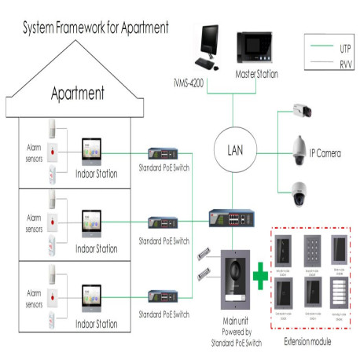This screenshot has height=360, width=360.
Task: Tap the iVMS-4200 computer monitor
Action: pyautogui.click(x=209, y=46)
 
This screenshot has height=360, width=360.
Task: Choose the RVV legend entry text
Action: pyautogui.click(x=345, y=65)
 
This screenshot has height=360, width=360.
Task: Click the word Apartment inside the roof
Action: pyautogui.click(x=78, y=94)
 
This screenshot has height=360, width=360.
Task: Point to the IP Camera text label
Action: pyautogui.click(x=324, y=153)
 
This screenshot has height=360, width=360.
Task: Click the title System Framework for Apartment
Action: pyautogui.click(x=95, y=28)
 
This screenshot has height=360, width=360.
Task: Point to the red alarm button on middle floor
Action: pyautogui.click(x=53, y=224)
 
